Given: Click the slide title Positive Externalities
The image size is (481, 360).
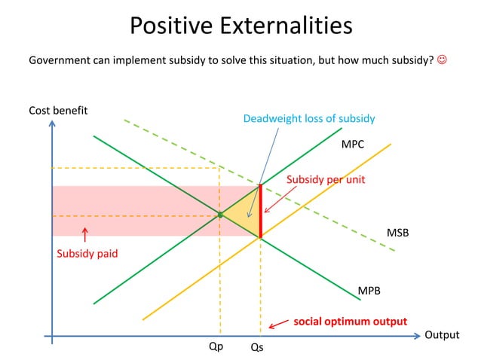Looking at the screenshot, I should (x=240, y=26).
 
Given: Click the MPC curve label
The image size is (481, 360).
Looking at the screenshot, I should (x=353, y=143).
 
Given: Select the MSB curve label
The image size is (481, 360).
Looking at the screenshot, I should (x=397, y=233).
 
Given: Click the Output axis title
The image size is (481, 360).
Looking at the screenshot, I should (x=442, y=335).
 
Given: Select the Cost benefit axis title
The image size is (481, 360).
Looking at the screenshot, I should (x=58, y=111).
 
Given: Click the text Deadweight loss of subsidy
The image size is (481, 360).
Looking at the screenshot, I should (x=308, y=118).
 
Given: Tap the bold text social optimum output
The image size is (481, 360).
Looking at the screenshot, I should (x=350, y=321).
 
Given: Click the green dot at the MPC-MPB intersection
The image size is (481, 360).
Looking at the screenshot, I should (x=220, y=215).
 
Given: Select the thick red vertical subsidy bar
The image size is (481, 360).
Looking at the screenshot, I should (x=260, y=211).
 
